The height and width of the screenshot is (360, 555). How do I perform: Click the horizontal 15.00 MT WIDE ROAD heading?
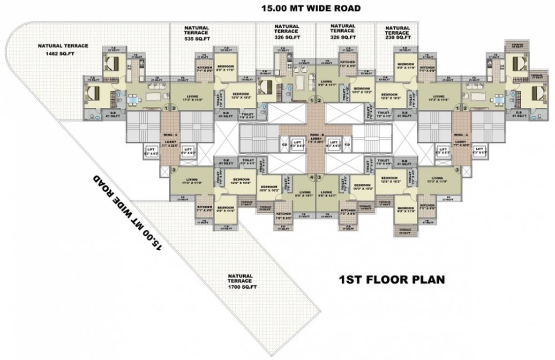point(311,8)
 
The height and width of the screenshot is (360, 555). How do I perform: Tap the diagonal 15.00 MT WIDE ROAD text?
point(127,213)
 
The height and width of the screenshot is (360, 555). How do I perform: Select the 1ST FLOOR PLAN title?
point(391,280)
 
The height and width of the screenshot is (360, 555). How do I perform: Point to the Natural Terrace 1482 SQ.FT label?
point(63,49)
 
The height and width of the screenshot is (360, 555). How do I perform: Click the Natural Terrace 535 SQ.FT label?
point(196,34)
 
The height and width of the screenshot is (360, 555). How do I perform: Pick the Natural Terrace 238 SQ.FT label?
point(397,34)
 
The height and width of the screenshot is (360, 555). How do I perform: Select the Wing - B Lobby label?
point(316,139)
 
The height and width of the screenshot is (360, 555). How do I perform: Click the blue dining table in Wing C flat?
point(134,99)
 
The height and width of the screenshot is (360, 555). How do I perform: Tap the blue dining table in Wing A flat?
point(498,99)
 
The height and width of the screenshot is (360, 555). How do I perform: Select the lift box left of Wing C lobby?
point(151,150)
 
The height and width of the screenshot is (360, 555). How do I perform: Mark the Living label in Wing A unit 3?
point(437,180)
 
